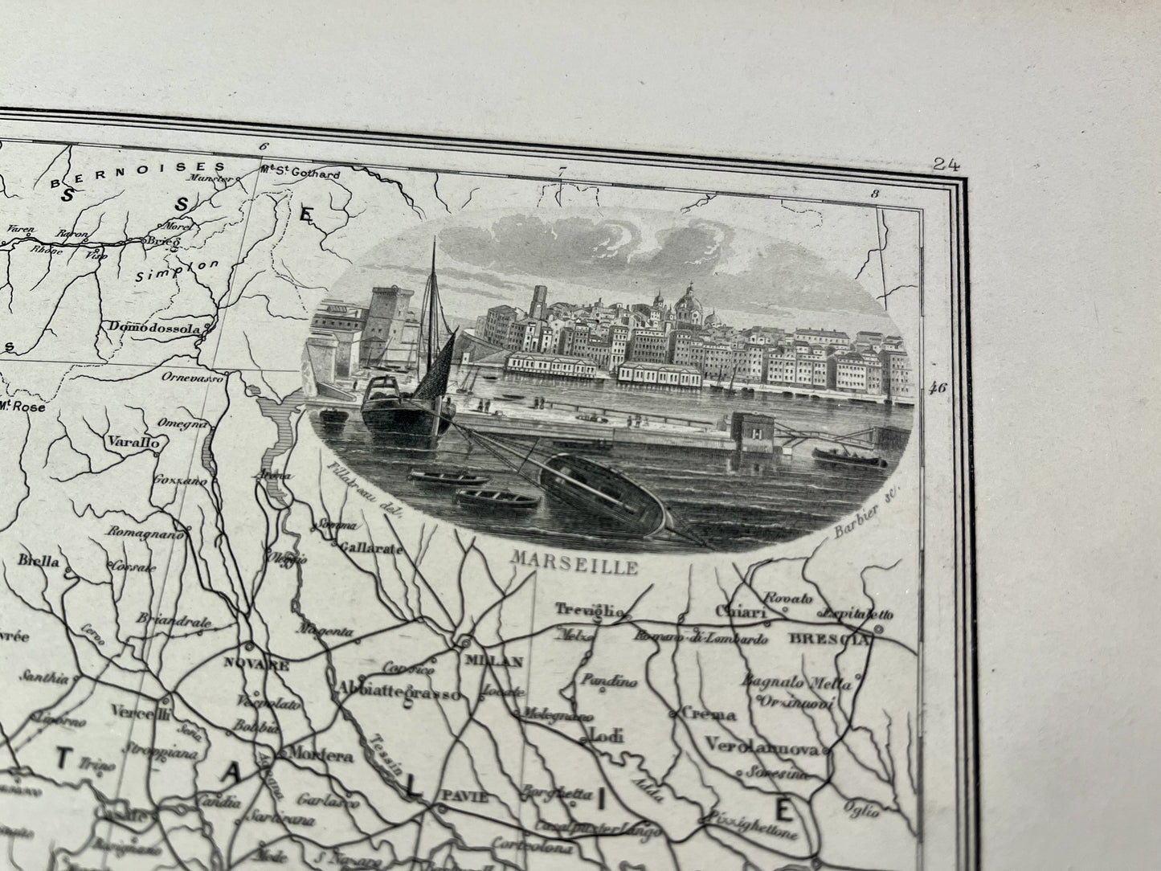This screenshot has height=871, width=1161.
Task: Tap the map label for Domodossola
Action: pyautogui.click(x=156, y=328)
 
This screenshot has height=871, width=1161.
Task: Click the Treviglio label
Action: pyautogui.click(x=593, y=611)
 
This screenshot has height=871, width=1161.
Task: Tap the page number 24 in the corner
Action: pyautogui.click(x=947, y=165)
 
